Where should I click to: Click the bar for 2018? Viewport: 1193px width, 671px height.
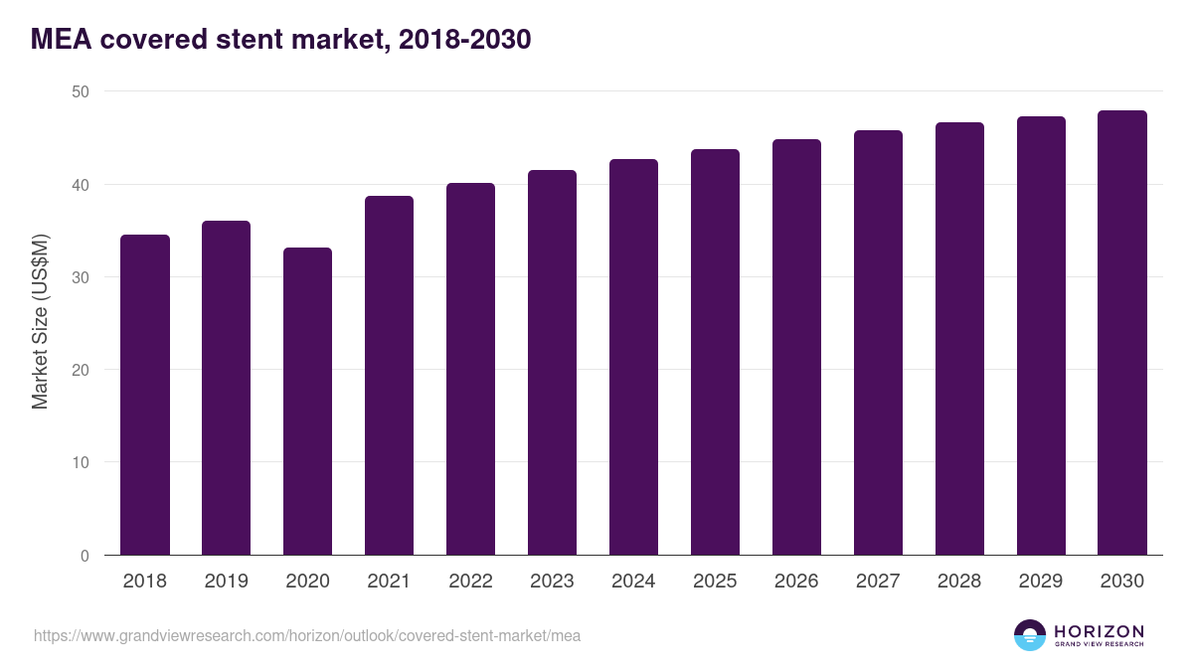145,395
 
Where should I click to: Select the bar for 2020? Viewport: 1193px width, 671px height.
308,402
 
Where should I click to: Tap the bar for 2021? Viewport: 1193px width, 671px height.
390,376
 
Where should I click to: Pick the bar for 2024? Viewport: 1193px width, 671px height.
634,357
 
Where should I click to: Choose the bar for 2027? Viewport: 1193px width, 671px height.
879,343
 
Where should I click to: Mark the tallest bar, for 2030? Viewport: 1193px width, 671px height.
1122,333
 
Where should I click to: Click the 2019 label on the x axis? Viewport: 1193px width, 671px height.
227,582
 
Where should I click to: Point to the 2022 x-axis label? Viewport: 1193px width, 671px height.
471,582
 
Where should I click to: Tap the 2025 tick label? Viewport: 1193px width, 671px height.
716,582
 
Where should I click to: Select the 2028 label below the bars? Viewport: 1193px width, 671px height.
959,582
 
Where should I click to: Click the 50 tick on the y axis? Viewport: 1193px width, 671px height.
80,92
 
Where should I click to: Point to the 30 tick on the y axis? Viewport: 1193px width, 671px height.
80,277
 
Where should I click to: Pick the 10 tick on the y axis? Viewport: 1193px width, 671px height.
80,463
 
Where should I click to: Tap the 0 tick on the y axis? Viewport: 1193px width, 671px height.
85,556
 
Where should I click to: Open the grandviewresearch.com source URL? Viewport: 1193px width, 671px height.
307,635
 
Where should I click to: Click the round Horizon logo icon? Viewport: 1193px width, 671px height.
1030,635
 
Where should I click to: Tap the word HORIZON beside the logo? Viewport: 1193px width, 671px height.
1100,631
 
